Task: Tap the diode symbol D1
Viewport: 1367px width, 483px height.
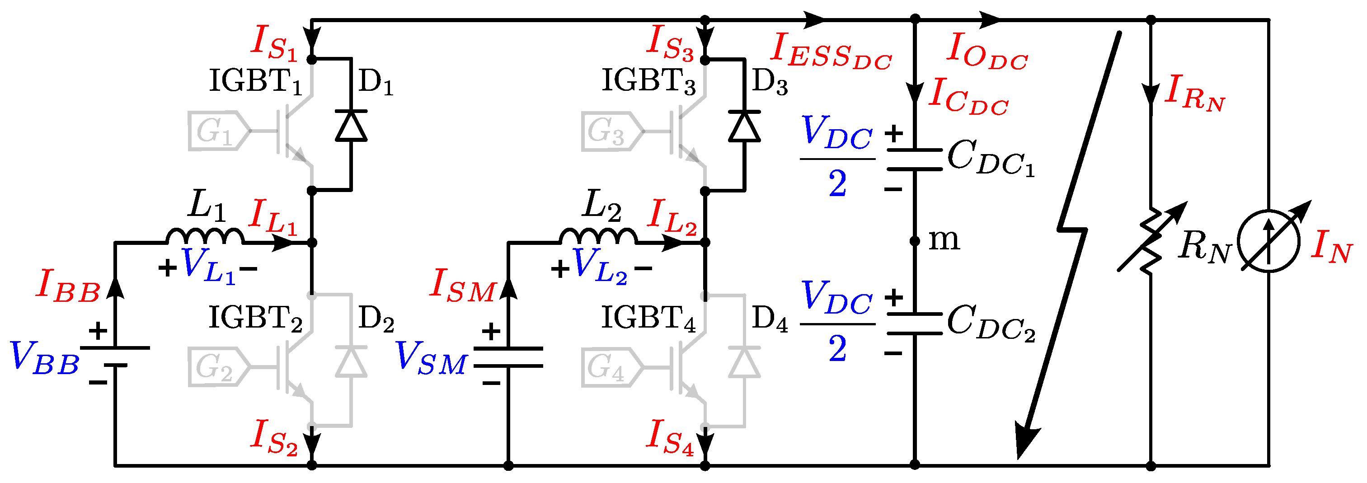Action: click(x=351, y=126)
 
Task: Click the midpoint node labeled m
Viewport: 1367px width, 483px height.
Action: click(x=914, y=241)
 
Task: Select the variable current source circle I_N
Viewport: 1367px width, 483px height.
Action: click(x=1268, y=241)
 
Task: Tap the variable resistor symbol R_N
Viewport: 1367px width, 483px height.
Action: click(x=1151, y=241)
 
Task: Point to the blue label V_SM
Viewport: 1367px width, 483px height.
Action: click(x=431, y=357)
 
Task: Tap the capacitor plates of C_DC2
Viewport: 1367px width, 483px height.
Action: click(x=914, y=324)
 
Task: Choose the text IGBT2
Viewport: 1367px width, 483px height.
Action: click(x=255, y=319)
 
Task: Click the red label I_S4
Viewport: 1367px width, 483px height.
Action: click(x=670, y=437)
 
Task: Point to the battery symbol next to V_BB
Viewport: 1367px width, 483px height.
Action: click(x=115, y=356)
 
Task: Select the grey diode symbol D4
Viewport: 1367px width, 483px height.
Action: click(x=744, y=362)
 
